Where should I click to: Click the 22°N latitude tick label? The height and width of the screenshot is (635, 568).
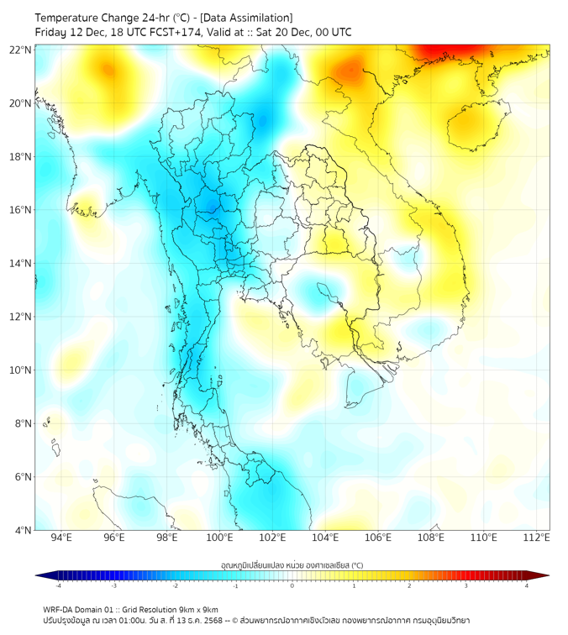21,50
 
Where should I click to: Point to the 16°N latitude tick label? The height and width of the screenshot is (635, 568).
21,210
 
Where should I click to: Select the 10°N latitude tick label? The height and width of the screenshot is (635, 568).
21,370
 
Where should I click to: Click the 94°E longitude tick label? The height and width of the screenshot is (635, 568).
61,538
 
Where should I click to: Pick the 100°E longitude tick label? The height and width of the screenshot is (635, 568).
219,538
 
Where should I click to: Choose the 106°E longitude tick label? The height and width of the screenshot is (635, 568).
378,538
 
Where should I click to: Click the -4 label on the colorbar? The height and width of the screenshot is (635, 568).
58,585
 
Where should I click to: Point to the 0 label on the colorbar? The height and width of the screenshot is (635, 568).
292,585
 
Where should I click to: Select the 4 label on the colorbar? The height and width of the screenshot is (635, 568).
527,585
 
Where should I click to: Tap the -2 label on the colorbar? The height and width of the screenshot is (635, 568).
175,585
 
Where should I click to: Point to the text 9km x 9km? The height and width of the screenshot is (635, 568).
198,609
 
